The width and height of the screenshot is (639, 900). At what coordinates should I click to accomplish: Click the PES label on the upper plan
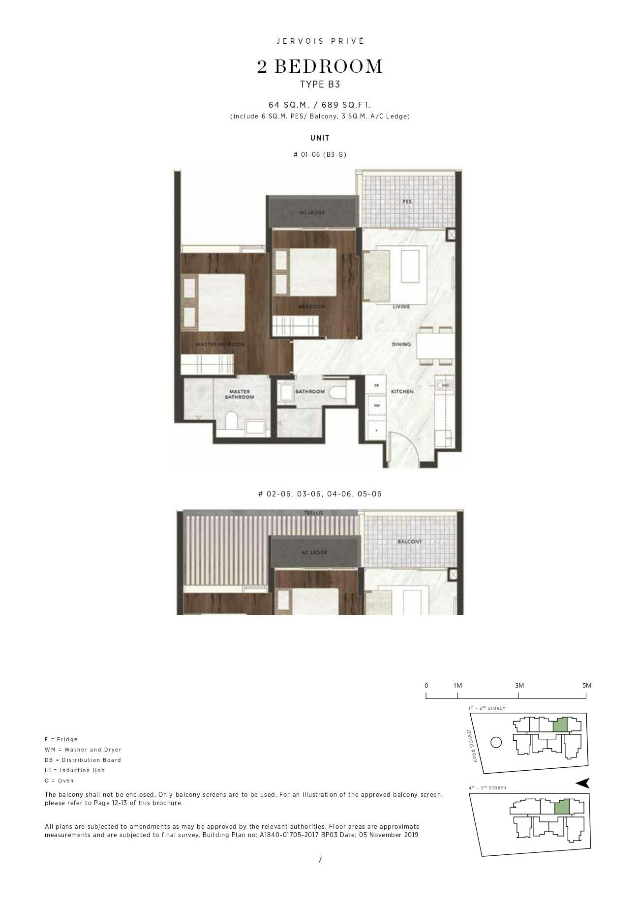tap(407, 202)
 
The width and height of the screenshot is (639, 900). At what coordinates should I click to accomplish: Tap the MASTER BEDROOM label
tap(220, 344)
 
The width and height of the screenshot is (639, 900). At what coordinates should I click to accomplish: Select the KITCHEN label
tap(402, 392)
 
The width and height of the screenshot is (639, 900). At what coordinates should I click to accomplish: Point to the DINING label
tap(401, 344)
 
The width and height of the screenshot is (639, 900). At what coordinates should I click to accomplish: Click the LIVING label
tap(401, 307)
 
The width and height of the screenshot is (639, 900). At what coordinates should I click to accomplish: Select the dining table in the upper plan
tap(435, 346)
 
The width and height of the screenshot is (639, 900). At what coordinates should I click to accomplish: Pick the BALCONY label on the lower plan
tap(410, 542)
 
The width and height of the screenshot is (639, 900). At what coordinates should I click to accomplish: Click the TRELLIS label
tap(313, 513)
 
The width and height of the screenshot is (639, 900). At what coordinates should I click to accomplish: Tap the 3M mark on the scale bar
tap(519, 686)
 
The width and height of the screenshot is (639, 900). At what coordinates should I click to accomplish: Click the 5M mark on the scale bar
tap(586, 686)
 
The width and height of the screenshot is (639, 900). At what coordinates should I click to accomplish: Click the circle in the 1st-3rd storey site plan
tap(496, 742)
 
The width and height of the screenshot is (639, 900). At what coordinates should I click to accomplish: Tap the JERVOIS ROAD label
tap(471, 745)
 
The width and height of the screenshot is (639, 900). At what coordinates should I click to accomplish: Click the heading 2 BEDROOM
tap(320, 67)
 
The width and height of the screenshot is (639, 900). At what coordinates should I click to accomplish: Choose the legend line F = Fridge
tap(61, 739)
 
